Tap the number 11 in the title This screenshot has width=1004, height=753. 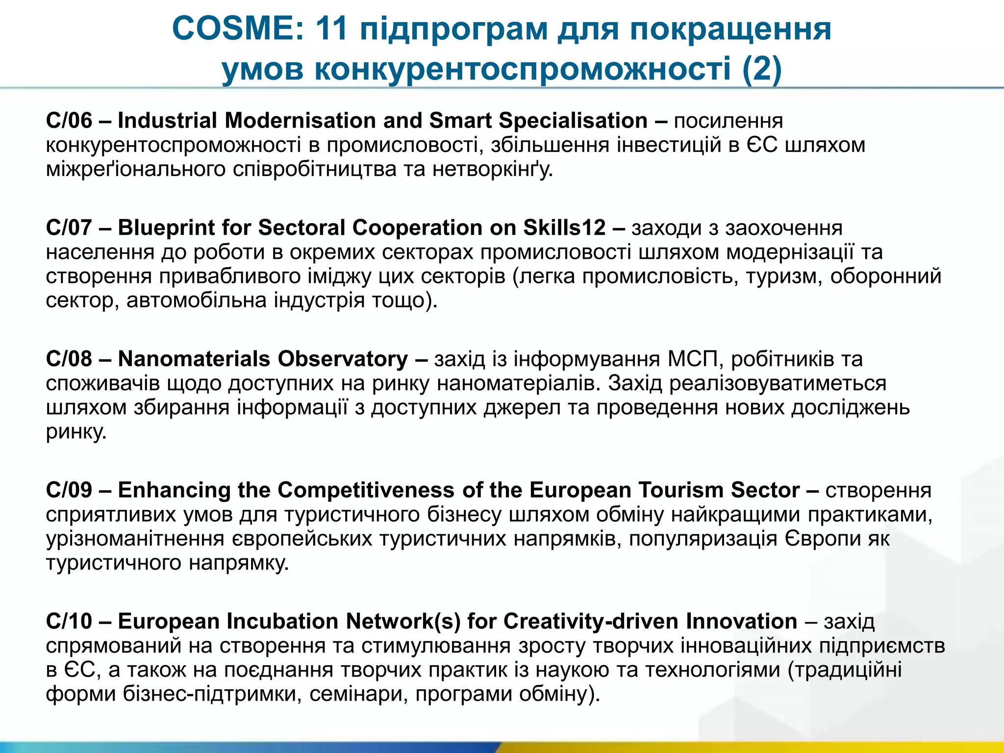click(332, 28)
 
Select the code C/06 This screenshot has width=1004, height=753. click(69, 121)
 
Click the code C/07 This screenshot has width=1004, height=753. click(69, 227)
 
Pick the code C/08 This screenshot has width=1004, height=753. click(69, 359)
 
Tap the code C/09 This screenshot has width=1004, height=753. click(69, 490)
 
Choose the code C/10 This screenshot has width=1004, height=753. click(69, 621)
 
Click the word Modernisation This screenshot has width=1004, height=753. click(301, 121)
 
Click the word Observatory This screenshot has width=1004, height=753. click(336, 359)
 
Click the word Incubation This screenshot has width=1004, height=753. click(283, 621)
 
